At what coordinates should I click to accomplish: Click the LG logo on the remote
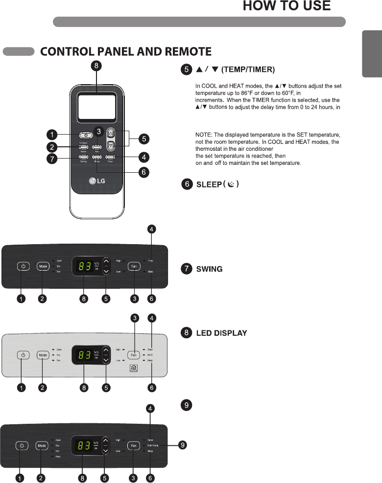click(x=96, y=182)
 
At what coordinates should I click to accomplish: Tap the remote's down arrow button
click(x=110, y=145)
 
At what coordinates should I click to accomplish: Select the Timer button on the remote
click(x=110, y=157)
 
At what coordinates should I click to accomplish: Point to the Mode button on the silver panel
click(x=43, y=355)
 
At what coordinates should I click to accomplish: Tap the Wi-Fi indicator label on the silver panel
click(x=150, y=355)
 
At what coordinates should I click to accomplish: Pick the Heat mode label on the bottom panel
click(x=58, y=456)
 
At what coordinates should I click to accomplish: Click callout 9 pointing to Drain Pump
click(x=183, y=445)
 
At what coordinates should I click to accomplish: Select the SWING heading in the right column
click(x=209, y=269)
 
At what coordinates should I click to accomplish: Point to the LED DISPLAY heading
click(x=221, y=333)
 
